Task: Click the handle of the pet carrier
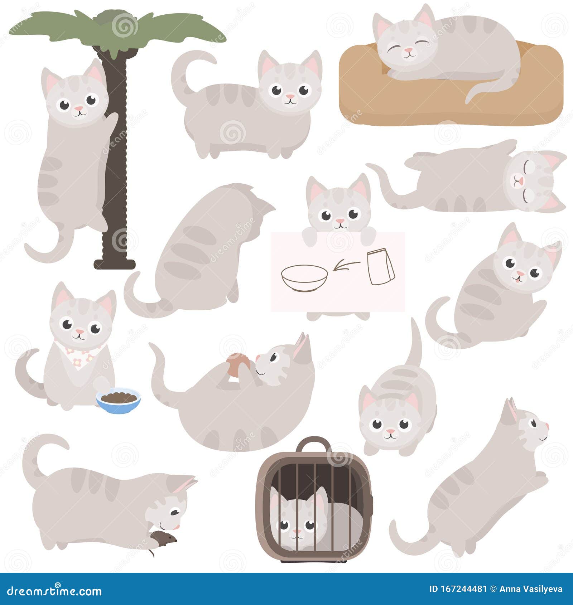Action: point(314,446)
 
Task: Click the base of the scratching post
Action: point(115,264)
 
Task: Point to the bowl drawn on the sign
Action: point(304,278)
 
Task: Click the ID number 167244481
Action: point(458,589)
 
